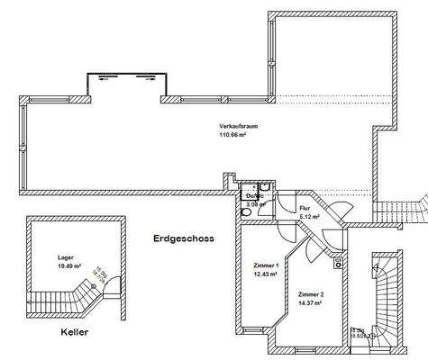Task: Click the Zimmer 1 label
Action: (266, 265)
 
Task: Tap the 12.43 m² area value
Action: (266, 274)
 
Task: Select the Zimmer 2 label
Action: (309, 295)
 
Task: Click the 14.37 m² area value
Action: (309, 304)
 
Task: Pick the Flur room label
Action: (305, 207)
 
